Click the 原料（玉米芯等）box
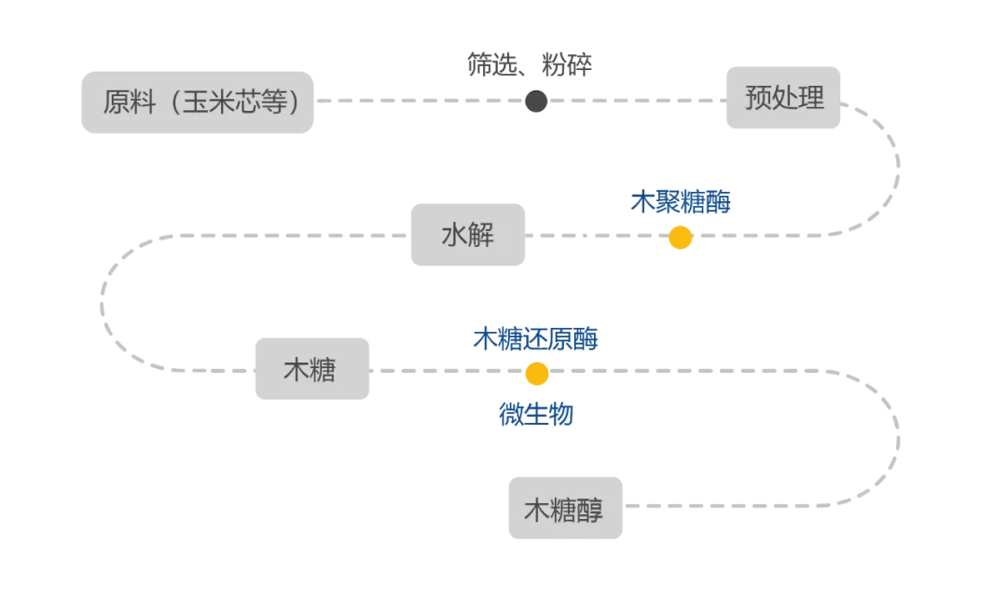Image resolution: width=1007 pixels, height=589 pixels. point(197,102)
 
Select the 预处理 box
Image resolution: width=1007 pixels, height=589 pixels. point(783,97)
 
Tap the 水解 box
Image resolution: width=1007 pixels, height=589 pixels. point(467,235)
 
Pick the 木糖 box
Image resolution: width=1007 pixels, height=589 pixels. point(311,369)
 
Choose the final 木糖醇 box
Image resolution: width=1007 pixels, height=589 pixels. point(565,508)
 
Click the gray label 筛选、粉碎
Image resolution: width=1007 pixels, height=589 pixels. point(530,64)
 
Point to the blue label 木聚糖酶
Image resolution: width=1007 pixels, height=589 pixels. point(680,202)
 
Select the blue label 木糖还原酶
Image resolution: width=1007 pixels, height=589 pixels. point(535,338)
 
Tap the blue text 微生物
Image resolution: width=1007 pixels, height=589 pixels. point(535,414)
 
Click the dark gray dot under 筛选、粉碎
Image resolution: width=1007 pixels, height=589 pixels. point(536,101)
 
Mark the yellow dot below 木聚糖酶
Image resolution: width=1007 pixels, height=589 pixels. point(680,238)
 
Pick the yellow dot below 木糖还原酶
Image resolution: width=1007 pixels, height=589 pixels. point(536,374)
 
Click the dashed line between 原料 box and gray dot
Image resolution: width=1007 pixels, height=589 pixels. point(420,101)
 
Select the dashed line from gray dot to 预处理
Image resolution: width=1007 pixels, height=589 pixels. point(634,101)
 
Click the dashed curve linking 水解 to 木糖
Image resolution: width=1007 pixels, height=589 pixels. point(104,303)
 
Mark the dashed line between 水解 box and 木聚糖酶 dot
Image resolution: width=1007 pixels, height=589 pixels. point(597,236)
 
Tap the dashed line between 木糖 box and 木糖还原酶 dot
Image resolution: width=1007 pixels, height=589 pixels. point(448,370)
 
